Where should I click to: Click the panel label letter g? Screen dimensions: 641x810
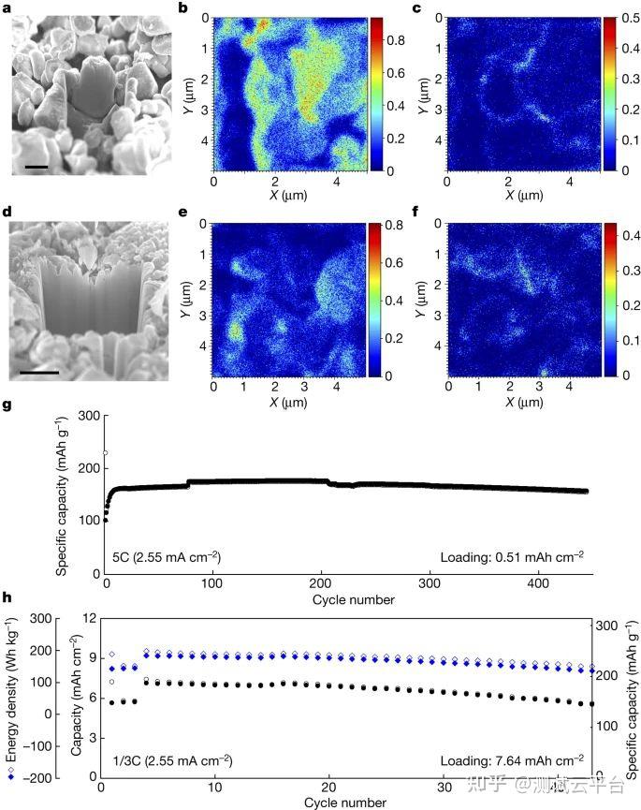7,405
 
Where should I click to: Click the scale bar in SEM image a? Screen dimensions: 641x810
36,167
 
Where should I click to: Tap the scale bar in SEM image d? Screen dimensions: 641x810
39,372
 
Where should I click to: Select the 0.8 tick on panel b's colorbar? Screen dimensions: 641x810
396,40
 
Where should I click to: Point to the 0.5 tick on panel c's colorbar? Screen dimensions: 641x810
630,18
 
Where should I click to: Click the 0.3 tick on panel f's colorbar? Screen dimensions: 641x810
630,271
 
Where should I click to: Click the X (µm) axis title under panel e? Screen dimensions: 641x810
288,403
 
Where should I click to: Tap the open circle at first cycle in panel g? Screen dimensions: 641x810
106,453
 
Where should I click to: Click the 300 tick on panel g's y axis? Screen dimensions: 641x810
89,416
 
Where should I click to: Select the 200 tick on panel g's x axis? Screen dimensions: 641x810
320,583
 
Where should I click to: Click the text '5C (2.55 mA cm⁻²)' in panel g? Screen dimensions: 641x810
167,557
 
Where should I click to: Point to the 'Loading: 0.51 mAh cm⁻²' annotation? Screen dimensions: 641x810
512,557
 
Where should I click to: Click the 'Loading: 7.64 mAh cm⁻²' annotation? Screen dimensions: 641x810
512,760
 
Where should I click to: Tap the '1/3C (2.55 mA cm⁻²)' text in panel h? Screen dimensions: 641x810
172,760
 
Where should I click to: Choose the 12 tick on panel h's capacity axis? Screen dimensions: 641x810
90,617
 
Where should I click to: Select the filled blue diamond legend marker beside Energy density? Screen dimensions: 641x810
11,777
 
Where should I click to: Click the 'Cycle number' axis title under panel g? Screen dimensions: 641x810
354,599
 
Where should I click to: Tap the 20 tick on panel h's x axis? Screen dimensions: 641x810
328,788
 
